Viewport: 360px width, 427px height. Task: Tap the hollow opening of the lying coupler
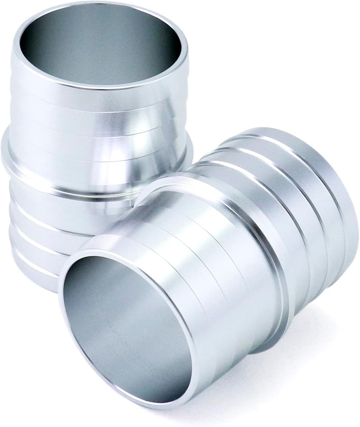tap(124, 329)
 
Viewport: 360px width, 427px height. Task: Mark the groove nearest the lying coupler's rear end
tap(316, 179)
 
